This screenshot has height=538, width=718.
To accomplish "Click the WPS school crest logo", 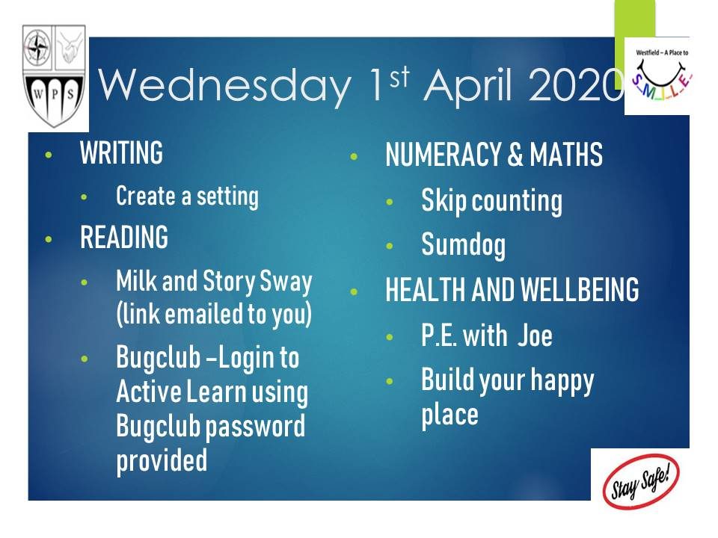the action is click(54, 76).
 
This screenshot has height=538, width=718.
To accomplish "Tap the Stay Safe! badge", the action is click(641, 480).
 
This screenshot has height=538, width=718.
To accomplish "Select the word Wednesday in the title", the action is click(224, 85).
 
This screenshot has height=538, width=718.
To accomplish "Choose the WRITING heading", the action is click(121, 152).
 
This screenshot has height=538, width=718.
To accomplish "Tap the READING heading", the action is click(124, 237).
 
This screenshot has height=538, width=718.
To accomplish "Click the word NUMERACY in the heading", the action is click(444, 154).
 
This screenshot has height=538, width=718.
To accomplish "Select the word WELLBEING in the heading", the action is click(580, 289).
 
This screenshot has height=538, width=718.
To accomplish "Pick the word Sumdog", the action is click(464, 246).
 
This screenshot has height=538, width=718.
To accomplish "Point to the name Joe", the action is click(536, 336).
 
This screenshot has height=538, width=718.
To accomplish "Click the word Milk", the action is click(136, 280).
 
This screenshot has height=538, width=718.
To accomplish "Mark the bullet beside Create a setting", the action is click(84, 197).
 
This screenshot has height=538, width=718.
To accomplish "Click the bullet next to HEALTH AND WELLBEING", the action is click(354, 291).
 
